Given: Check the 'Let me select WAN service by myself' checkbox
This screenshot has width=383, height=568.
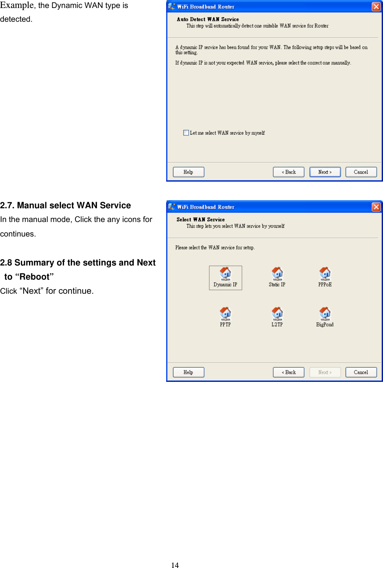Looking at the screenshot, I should [x=186, y=133].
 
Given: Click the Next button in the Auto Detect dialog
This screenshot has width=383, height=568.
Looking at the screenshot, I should [x=325, y=172].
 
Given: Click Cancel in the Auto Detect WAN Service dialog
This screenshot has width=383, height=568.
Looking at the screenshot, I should [x=361, y=172].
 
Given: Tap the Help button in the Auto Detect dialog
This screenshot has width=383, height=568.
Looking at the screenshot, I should [x=188, y=172].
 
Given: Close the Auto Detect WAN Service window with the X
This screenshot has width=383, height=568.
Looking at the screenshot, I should [x=376, y=6].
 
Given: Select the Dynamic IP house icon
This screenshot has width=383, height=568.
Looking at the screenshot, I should [x=225, y=274].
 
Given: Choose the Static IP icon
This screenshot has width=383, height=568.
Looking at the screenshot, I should [x=277, y=274].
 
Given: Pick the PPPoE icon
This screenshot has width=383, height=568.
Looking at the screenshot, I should [x=325, y=274].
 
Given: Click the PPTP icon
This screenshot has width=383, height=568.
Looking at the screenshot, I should [x=225, y=314].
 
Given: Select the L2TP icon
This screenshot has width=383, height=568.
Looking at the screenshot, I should [x=277, y=314].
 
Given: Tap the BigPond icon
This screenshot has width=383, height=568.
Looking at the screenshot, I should [x=325, y=314].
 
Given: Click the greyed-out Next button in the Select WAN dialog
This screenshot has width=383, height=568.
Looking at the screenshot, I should [x=325, y=372].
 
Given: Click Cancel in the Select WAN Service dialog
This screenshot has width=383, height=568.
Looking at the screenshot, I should [x=361, y=372].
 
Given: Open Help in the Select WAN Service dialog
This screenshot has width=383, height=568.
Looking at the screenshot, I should [x=188, y=372].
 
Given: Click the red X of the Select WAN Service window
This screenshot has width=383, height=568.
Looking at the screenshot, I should [x=376, y=207].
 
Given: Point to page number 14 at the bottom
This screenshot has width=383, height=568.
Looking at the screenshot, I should [x=175, y=565].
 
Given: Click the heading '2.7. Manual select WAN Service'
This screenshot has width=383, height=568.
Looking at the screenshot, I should [x=66, y=205].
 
